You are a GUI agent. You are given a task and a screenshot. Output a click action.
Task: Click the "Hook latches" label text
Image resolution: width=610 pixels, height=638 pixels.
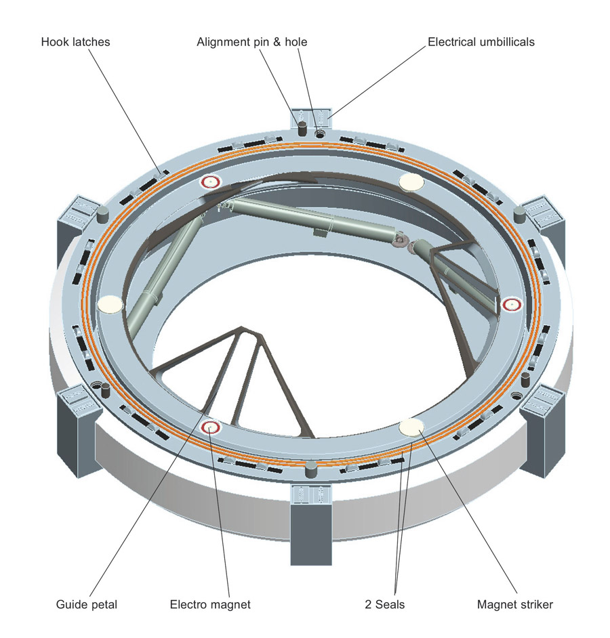[75, 42]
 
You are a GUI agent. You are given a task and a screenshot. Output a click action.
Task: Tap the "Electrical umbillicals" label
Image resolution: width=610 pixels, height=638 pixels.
[481, 42]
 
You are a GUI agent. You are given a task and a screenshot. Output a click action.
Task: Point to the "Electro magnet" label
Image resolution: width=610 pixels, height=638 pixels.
[209, 604]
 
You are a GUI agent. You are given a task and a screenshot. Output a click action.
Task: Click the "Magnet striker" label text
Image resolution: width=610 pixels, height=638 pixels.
[514, 604]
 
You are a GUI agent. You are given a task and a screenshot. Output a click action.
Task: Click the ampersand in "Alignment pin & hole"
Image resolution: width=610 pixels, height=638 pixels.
[269, 42]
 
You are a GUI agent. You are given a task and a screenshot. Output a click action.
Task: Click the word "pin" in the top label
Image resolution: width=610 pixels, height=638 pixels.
[253, 42]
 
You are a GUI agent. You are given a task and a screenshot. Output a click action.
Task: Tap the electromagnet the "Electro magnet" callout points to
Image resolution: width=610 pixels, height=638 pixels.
[211, 427]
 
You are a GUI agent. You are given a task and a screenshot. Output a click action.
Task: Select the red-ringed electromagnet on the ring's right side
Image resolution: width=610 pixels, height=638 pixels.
[510, 305]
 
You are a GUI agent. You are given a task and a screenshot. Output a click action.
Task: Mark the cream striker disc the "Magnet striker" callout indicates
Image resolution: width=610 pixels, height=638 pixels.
[412, 426]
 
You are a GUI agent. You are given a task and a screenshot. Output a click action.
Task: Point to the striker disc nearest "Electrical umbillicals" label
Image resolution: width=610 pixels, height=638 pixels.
[411, 182]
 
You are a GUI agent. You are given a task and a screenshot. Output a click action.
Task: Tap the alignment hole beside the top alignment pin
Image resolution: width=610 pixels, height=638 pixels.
[319, 134]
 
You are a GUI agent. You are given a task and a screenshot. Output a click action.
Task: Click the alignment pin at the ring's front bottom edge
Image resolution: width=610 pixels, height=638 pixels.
[311, 467]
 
